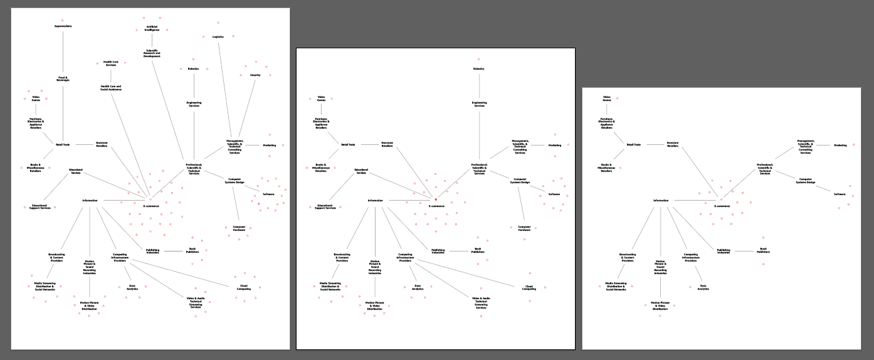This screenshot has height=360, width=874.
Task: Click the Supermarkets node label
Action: coord(63,26)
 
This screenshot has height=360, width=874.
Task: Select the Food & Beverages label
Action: coord(63,79)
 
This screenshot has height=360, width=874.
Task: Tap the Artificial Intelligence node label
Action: coord(152,28)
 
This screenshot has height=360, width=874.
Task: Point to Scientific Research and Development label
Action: coord(152,53)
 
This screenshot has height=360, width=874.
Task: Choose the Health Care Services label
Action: coord(111,63)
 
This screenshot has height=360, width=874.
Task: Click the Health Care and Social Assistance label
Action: coord(111,88)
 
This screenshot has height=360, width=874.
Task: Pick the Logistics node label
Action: coord(218,37)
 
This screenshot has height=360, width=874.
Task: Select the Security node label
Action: coord(255,75)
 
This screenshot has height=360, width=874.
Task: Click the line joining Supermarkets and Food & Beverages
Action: coord(63,53)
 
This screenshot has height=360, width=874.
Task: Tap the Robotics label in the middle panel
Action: coord(479,69)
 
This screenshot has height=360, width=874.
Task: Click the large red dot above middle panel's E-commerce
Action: coord(436,199)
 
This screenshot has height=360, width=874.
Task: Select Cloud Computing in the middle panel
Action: coord(529,288)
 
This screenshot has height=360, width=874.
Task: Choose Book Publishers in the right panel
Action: coord(763,251)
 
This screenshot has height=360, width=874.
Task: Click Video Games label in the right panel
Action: coord(607,98)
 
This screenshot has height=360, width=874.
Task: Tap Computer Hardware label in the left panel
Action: coord(239,228)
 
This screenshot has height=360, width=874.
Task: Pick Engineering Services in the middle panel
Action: coord(480,104)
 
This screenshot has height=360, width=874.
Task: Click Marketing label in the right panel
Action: coord(840,146)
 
